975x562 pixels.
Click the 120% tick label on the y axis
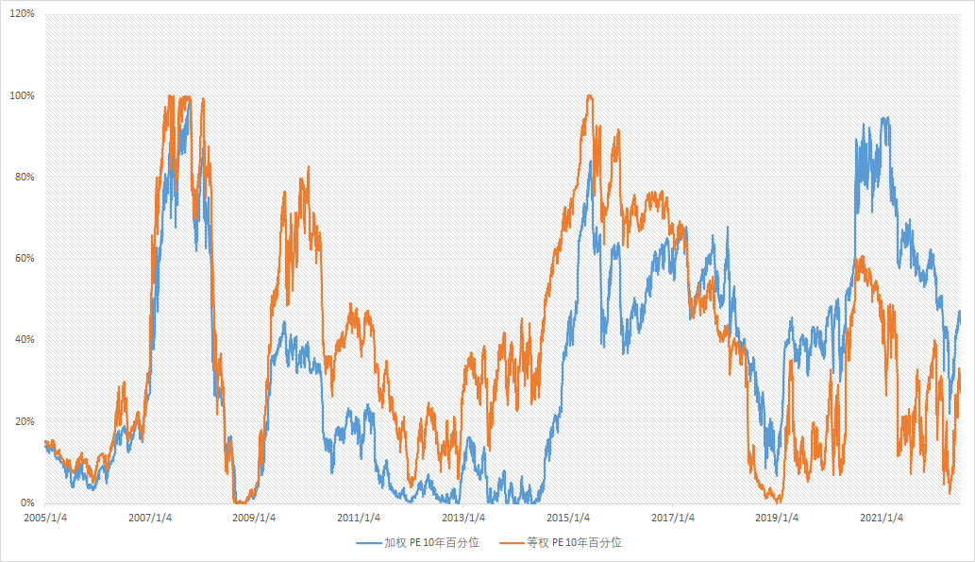[22, 15]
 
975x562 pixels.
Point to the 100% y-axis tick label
[22, 96]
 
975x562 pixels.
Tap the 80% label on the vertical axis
[25, 178]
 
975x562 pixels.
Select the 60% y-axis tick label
[25, 259]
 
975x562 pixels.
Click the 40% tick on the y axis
[25, 340]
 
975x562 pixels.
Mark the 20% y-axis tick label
[25, 421]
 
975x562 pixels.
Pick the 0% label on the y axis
[27, 502]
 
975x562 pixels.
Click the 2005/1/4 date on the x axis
[44, 518]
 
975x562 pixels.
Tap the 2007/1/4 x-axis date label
[149, 518]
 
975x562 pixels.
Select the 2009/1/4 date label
[254, 518]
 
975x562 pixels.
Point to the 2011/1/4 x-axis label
[359, 518]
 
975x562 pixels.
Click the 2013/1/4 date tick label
[463, 518]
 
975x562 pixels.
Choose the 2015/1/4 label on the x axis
[568, 518]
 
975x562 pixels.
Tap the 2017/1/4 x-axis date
[673, 518]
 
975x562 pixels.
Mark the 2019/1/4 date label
[778, 518]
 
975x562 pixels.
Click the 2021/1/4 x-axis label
[883, 518]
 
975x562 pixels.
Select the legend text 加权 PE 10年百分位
[431, 543]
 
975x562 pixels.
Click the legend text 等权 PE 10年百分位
[574, 543]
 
